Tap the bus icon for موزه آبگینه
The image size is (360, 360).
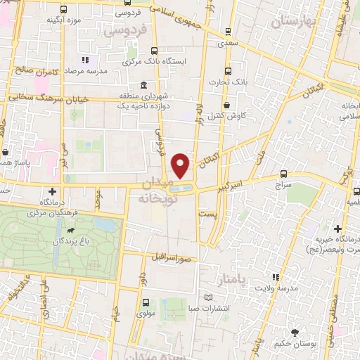click(65, 10)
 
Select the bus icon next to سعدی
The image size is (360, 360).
click(227, 32)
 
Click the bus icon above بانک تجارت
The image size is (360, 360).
click(227, 71)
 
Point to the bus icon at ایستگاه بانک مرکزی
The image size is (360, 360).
click(153, 50)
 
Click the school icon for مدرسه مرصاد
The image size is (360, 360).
click(85, 60)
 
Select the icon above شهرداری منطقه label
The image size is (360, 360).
click(143, 84)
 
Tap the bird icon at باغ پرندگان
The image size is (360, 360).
click(71, 230)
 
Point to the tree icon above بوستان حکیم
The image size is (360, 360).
click(295, 332)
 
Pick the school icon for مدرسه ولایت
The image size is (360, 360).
click(276, 278)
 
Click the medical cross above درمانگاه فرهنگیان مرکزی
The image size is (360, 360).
click(52, 191)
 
